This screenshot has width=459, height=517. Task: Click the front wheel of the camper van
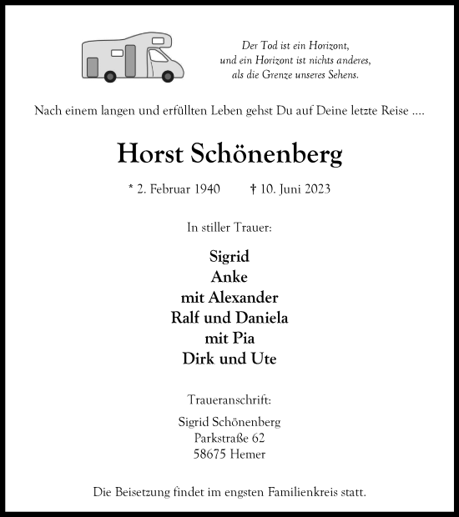pos(168,77)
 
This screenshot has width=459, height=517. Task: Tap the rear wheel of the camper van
pos(110,77)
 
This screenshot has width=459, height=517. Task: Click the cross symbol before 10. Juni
pos(253,188)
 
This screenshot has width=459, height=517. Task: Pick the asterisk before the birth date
pos(131,188)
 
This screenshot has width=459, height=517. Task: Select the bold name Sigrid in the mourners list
pos(229,257)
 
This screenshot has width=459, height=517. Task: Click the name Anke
pos(229,277)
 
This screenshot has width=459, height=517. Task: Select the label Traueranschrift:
pos(229,400)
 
